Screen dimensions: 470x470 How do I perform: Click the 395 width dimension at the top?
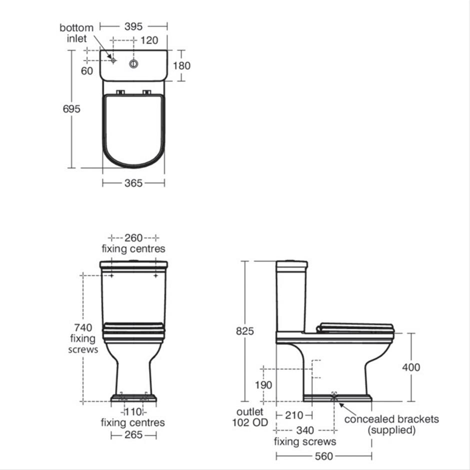[x=133, y=26]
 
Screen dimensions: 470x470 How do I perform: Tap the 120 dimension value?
[x=149, y=40]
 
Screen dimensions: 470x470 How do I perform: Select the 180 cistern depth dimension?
[x=181, y=65]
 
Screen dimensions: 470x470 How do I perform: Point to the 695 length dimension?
[x=71, y=108]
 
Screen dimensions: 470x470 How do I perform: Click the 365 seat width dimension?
[x=133, y=183]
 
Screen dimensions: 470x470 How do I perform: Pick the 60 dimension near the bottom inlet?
[x=87, y=71]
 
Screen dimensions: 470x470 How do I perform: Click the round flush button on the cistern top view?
[x=133, y=63]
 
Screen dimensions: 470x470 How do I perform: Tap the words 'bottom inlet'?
[x=76, y=33]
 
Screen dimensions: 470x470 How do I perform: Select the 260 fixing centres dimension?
[x=133, y=238]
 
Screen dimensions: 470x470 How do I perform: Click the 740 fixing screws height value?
[x=83, y=327]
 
